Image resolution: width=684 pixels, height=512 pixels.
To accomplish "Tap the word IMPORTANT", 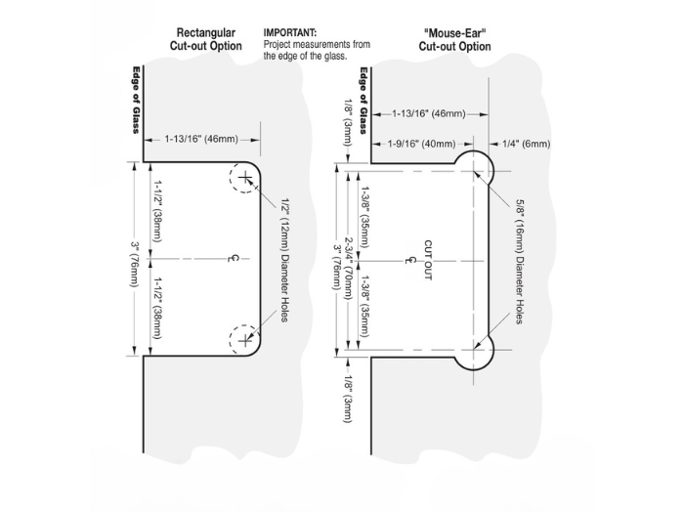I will coord(290,32).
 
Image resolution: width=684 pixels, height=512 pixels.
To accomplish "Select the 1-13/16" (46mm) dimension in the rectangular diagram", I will coord(201,140).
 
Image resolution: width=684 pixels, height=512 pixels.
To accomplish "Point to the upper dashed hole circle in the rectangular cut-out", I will coord(243,178).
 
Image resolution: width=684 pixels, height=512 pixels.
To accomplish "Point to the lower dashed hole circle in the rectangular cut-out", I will coord(243,339).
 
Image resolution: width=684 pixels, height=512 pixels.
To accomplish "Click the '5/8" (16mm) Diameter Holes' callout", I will coord(517,260).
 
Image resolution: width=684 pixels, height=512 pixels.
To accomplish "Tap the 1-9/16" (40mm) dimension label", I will coord(421,145).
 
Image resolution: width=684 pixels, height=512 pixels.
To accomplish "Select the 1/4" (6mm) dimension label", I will coord(525,145).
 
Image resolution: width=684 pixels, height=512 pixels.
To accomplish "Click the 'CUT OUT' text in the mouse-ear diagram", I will coord(427,260).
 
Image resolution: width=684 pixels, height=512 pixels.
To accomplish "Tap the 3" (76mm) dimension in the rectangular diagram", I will coord(135,259).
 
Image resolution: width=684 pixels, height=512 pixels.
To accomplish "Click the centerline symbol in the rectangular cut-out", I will coord(232,259).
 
